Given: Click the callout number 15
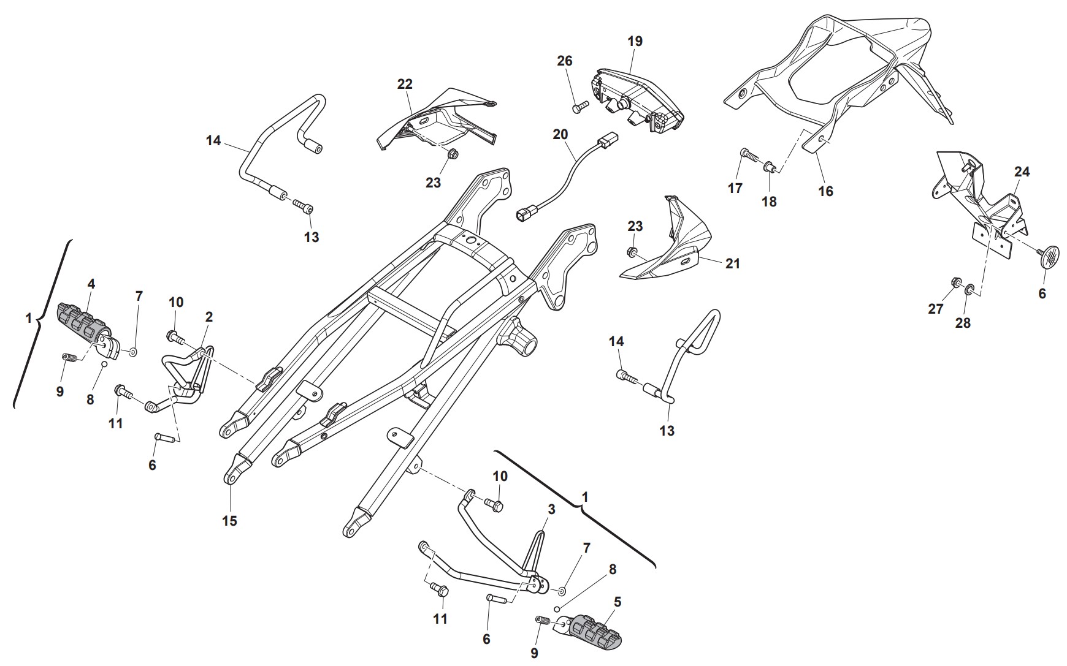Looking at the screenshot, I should point(229,521).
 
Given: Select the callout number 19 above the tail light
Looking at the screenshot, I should point(635,41).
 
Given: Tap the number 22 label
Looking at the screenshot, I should point(405,84).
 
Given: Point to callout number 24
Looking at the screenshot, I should point(1022,172).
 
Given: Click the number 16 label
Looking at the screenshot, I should point(825,191).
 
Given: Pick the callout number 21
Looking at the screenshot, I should point(733,263).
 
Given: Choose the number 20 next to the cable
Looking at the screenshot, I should point(560,134).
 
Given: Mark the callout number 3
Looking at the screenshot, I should point(551,510).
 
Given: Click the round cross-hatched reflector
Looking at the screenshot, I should point(1052,255).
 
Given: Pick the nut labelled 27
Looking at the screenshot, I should point(955,282).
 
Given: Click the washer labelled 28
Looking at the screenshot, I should point(970,289).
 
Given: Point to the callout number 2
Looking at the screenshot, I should point(209,317).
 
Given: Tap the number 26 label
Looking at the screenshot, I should point(565,61).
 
